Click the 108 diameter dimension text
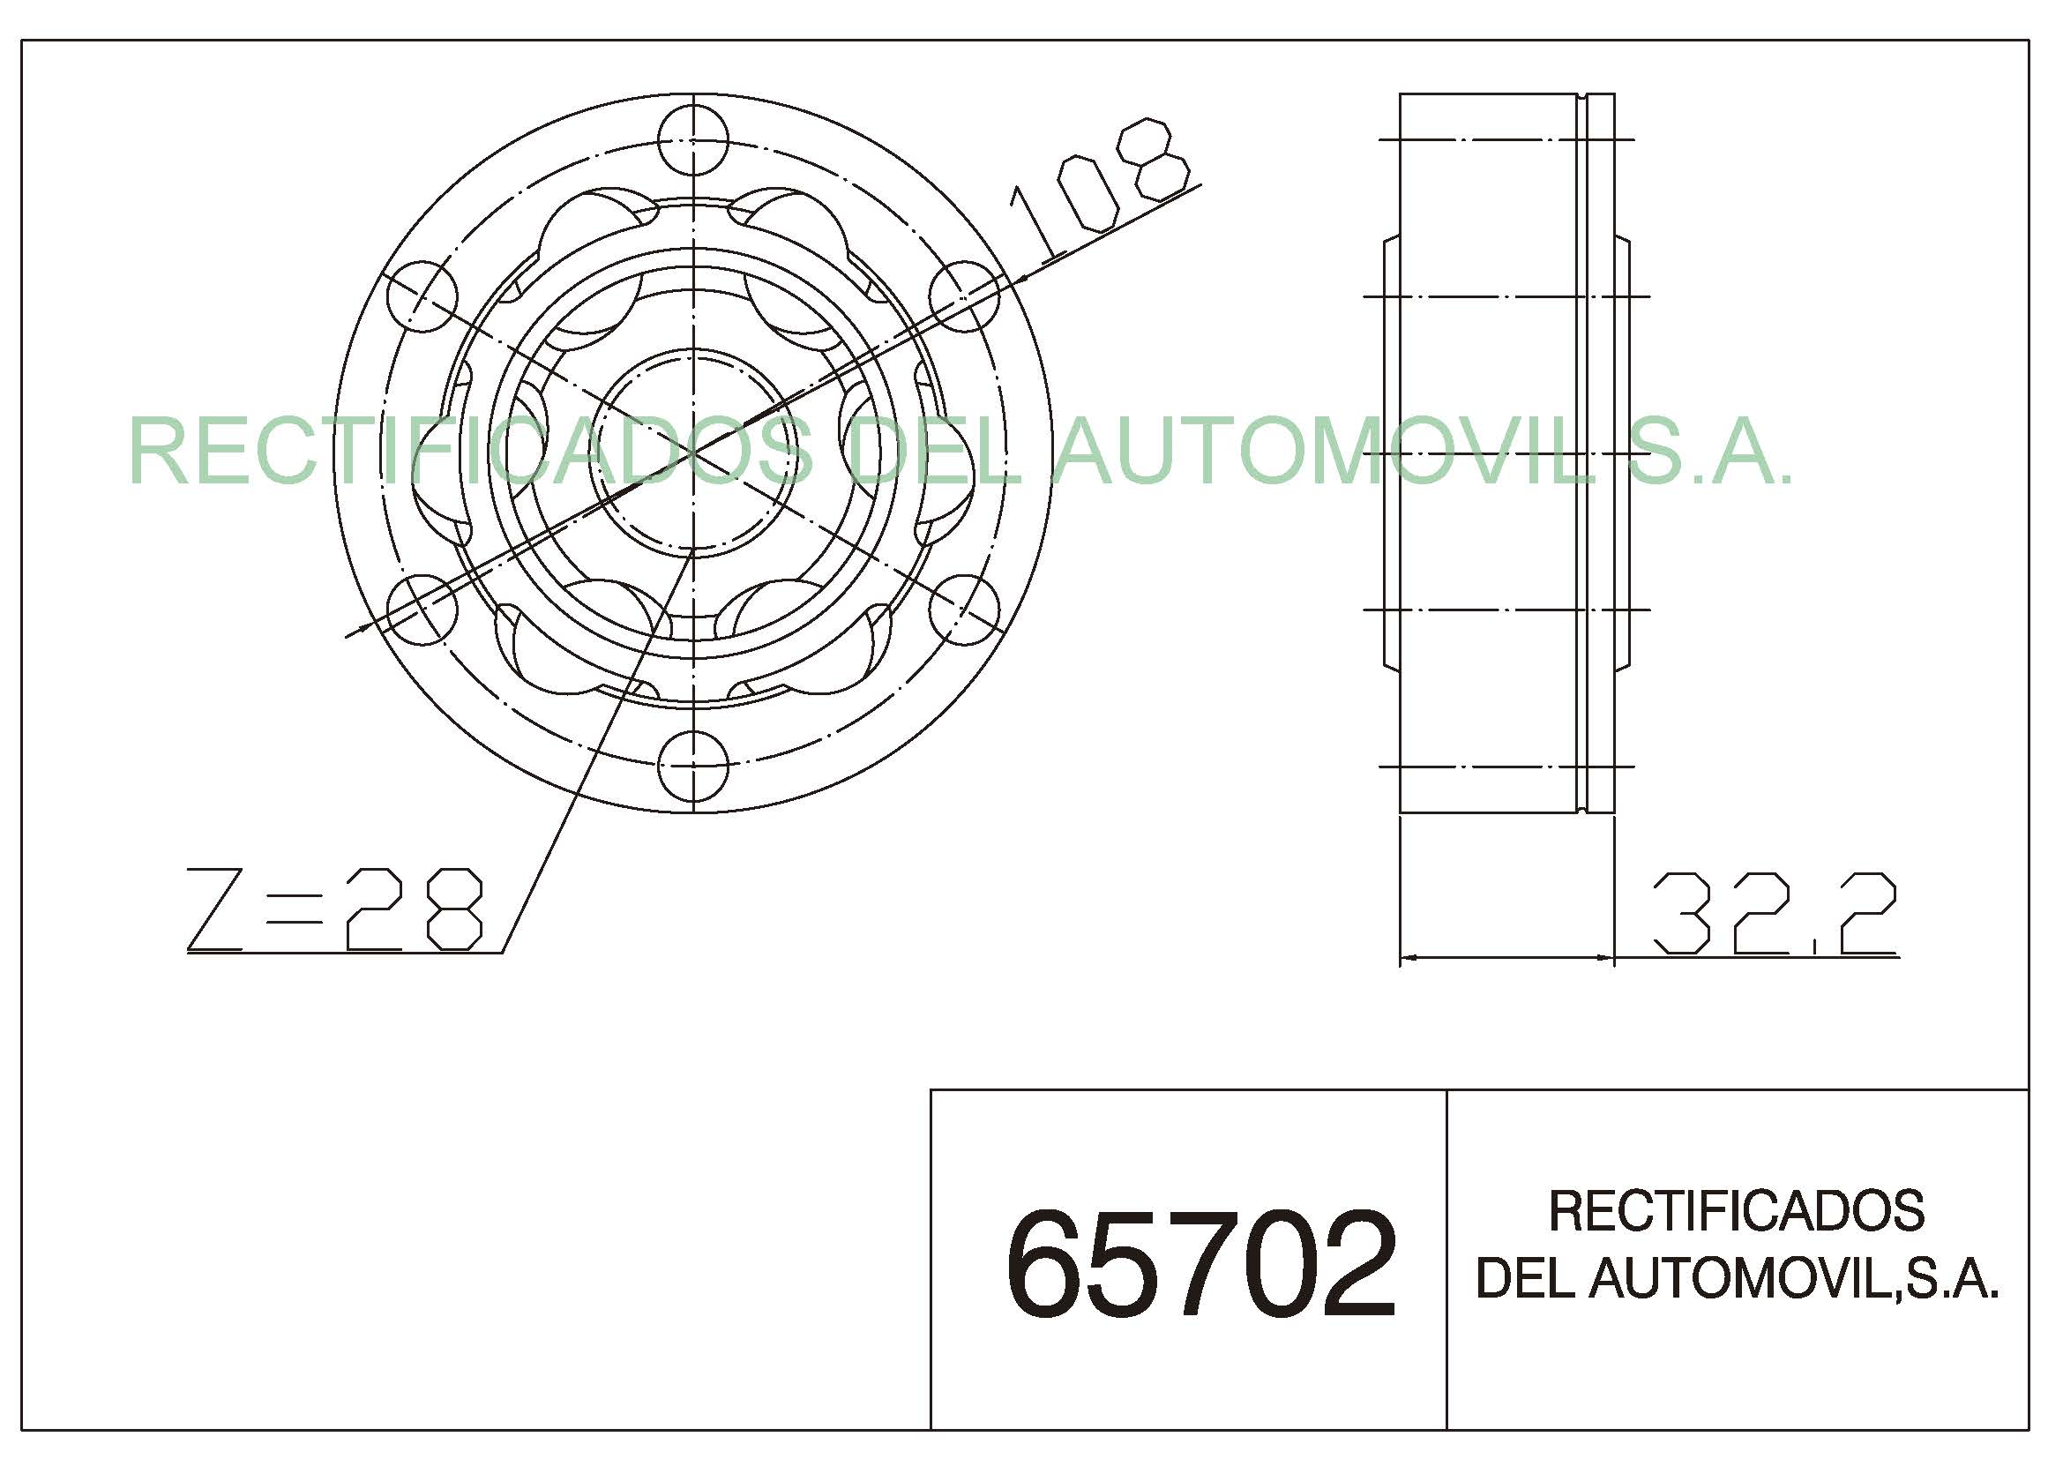pyautogui.click(x=1100, y=188)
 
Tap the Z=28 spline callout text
pyautogui.click(x=334, y=909)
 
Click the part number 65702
pyautogui.click(x=1200, y=1264)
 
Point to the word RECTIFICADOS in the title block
pyautogui.click(x=1736, y=1211)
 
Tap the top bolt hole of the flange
pyautogui.click(x=691, y=140)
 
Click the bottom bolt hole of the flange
pyautogui.click(x=691, y=767)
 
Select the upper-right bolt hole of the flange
pyautogui.click(x=963, y=296)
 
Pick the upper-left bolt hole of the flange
pyautogui.click(x=422, y=296)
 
